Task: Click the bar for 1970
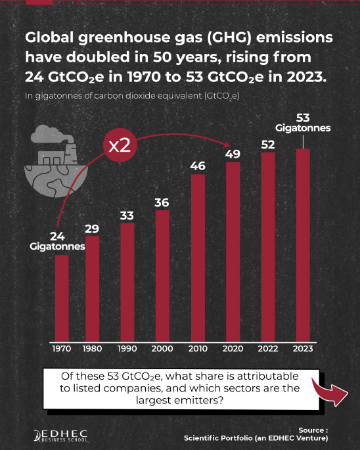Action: (62, 298)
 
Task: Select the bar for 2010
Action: (198, 258)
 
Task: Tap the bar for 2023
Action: (303, 246)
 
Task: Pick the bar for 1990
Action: (127, 282)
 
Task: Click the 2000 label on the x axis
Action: (162, 349)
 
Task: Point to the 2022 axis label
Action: (268, 349)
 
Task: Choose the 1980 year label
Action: (92, 349)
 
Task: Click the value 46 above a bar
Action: (198, 166)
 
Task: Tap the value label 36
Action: (162, 202)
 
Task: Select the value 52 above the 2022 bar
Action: (268, 145)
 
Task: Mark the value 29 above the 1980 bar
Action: (92, 229)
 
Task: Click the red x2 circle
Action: (120, 145)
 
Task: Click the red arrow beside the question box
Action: (330, 392)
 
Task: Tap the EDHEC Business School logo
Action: (60, 436)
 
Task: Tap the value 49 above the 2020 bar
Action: (233, 154)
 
